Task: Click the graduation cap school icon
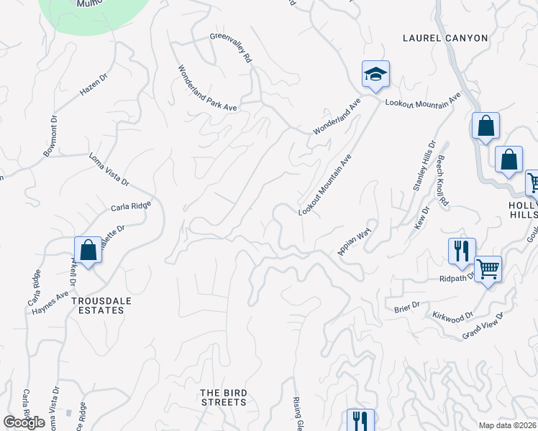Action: click(375, 74)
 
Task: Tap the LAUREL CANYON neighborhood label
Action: click(445, 38)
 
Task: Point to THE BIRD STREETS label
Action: click(224, 397)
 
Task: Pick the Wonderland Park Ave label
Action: click(208, 88)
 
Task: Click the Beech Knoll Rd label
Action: click(442, 180)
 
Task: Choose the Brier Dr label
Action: click(406, 307)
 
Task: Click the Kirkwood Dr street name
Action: click(453, 316)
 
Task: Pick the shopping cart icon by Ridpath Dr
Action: click(488, 270)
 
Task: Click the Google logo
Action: click(24, 422)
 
